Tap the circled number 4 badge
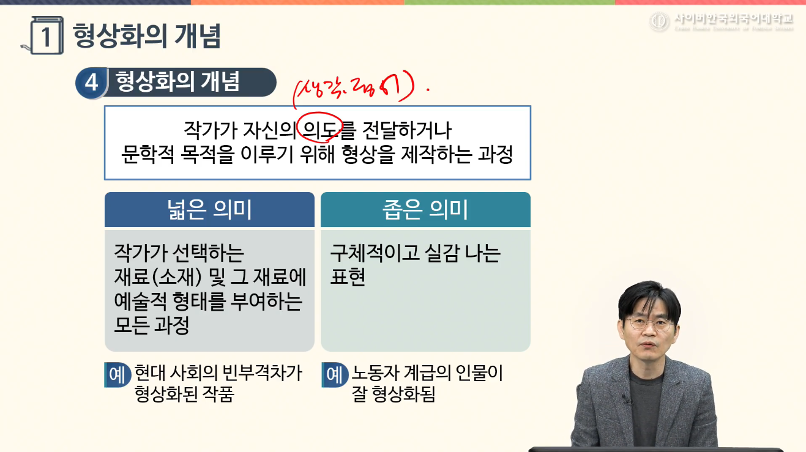[91, 83]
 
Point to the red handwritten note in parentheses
[355, 91]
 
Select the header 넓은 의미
[209, 210]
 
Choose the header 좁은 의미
[425, 210]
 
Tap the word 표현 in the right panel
[348, 277]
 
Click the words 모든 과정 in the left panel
[152, 325]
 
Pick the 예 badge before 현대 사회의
[118, 374]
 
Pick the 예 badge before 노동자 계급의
[334, 374]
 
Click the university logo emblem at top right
[660, 22]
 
